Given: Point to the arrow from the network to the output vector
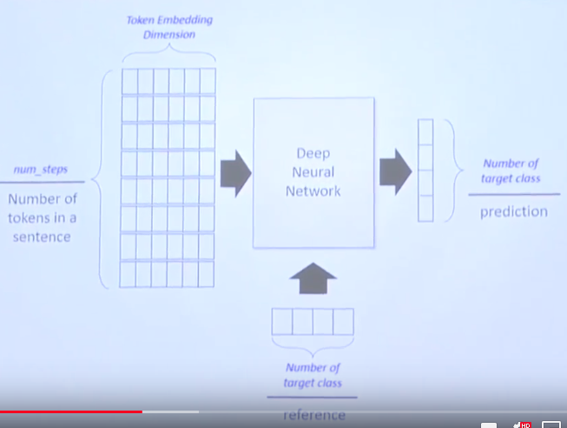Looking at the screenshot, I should [397, 170].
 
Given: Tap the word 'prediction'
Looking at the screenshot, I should [513, 211].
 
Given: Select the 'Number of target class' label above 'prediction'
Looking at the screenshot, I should [512, 171].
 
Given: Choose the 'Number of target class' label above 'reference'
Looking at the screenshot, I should [313, 375].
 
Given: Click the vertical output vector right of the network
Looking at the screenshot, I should [425, 171].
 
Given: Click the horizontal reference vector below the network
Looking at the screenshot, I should [313, 321].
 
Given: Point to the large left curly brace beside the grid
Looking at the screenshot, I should [105, 177].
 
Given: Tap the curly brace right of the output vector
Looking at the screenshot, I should [452, 171].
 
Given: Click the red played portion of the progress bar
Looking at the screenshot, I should [69, 411].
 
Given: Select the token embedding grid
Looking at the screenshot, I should [168, 177].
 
